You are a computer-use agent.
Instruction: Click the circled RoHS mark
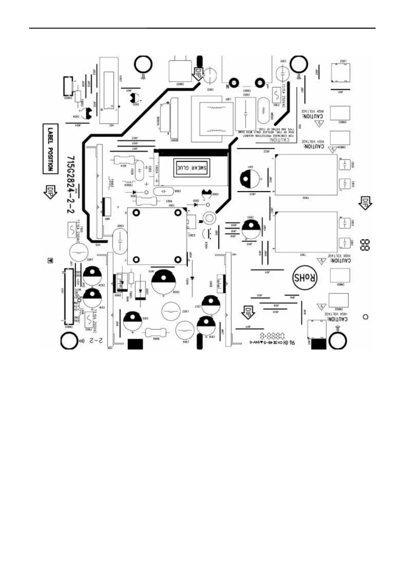pos(305,278)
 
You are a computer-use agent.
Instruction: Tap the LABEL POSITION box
pos(50,148)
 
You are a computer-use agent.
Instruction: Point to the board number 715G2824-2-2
pos(71,185)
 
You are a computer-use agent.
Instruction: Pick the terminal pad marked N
pos(234,82)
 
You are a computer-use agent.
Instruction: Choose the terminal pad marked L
pos(260,82)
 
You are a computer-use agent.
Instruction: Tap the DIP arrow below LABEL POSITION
pos(50,192)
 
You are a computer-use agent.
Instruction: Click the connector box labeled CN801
pos(339,275)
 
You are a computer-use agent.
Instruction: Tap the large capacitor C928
pos(163,281)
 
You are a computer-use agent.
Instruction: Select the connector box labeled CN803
pos(340,113)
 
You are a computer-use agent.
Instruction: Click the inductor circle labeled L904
pos(185,331)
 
